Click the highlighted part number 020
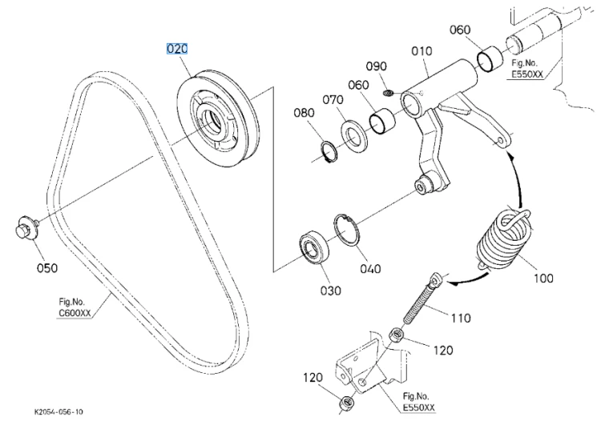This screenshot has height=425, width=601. point(177,49)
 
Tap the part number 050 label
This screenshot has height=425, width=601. point(47,268)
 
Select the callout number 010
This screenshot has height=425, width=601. point(422,51)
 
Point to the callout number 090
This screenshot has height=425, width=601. point(377,66)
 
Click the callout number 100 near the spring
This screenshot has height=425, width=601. point(543,278)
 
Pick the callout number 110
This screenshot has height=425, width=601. point(460,318)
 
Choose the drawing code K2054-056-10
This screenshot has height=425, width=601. point(58,412)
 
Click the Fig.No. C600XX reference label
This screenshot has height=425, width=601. point(75,307)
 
